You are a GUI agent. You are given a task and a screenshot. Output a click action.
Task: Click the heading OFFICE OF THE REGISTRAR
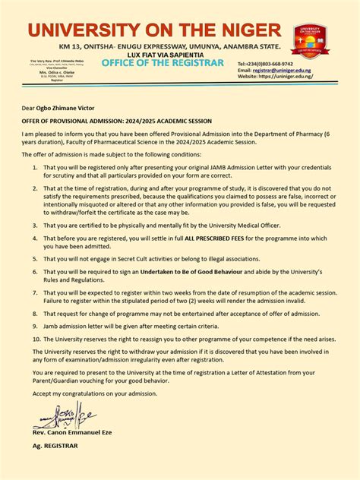click(x=163, y=62)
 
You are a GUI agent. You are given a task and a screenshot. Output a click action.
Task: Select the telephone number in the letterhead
click(x=276, y=64)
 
